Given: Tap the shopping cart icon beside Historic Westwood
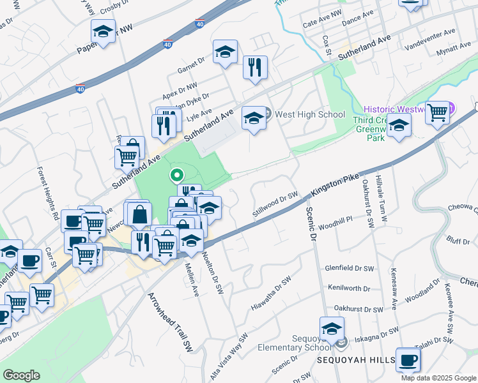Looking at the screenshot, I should (x=438, y=113).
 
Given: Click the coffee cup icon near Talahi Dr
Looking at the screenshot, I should (x=408, y=360).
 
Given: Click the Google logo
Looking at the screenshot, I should (x=22, y=375).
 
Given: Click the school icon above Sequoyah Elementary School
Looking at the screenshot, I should (x=332, y=329).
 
